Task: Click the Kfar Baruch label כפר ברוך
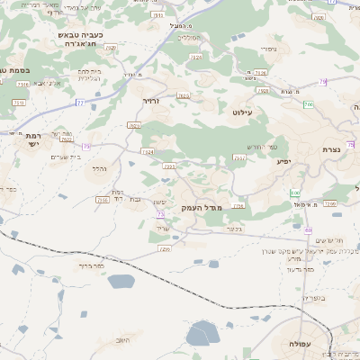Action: coord(92,266)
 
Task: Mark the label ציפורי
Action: coord(266,48)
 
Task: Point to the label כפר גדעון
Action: coord(298,269)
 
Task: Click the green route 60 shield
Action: coord(294,193)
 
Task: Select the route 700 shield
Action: coord(309,106)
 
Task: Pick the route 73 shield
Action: coord(160,215)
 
